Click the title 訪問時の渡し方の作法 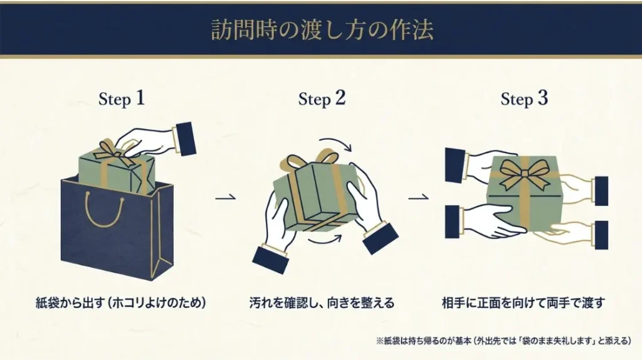click(321, 30)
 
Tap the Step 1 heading click(122, 98)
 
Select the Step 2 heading click(322, 98)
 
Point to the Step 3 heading click(524, 98)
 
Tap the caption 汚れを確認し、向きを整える click(322, 304)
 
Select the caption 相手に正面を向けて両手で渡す click(523, 304)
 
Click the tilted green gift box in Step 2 click(317, 194)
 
